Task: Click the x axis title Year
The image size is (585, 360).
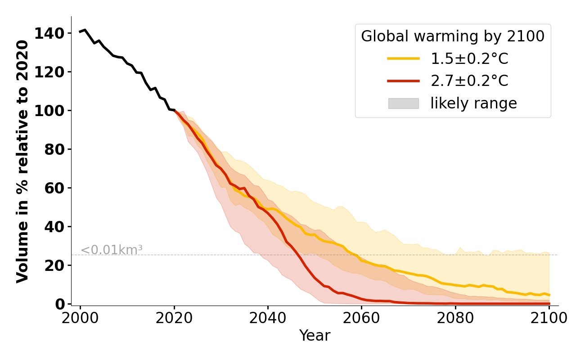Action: coord(315,336)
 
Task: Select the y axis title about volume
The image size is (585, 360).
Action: coord(22,161)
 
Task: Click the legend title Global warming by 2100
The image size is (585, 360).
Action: coord(453,36)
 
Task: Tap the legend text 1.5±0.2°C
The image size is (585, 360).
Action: coord(469,59)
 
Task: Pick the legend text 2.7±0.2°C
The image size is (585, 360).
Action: coord(469,81)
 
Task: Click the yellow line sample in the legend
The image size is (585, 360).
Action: coord(404,59)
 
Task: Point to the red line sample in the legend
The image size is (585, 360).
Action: coord(404,81)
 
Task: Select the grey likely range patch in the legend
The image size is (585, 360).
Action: coord(404,103)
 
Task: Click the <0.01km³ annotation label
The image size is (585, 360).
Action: coord(112,250)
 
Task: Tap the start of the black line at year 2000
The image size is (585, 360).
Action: coord(81,32)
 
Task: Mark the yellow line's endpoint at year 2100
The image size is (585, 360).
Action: coord(549,295)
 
